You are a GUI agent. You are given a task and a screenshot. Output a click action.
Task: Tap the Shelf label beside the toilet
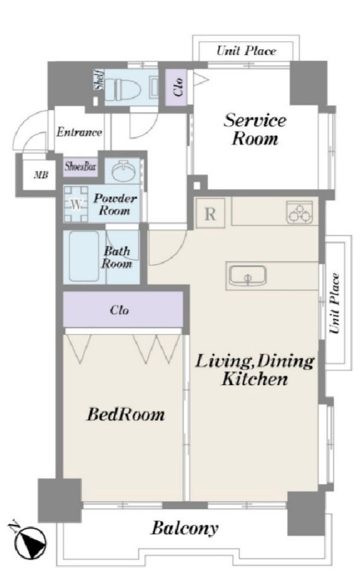99,80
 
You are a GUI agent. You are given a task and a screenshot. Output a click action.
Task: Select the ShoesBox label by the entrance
81,166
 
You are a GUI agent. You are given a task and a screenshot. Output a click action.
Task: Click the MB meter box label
41,174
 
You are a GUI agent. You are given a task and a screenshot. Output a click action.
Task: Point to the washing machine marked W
76,204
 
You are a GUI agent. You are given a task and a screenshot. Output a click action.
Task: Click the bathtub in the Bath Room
84,257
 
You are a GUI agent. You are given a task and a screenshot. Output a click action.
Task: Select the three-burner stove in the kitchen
300,212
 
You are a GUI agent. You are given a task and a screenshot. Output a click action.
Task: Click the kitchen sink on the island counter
247,276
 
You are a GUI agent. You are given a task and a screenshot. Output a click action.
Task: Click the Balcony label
184,529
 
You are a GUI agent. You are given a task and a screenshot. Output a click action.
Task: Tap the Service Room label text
255,129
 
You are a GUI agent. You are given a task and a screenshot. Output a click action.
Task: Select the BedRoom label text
125,414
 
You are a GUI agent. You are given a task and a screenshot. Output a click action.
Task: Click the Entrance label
80,132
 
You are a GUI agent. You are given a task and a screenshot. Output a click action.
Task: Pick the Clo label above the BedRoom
119,310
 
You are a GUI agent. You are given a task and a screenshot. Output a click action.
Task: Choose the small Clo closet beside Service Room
179,87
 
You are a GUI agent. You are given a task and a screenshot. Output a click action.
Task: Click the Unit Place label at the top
247,50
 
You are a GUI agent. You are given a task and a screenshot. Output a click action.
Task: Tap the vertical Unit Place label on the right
335,303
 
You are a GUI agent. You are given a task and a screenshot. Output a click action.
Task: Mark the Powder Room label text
115,204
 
